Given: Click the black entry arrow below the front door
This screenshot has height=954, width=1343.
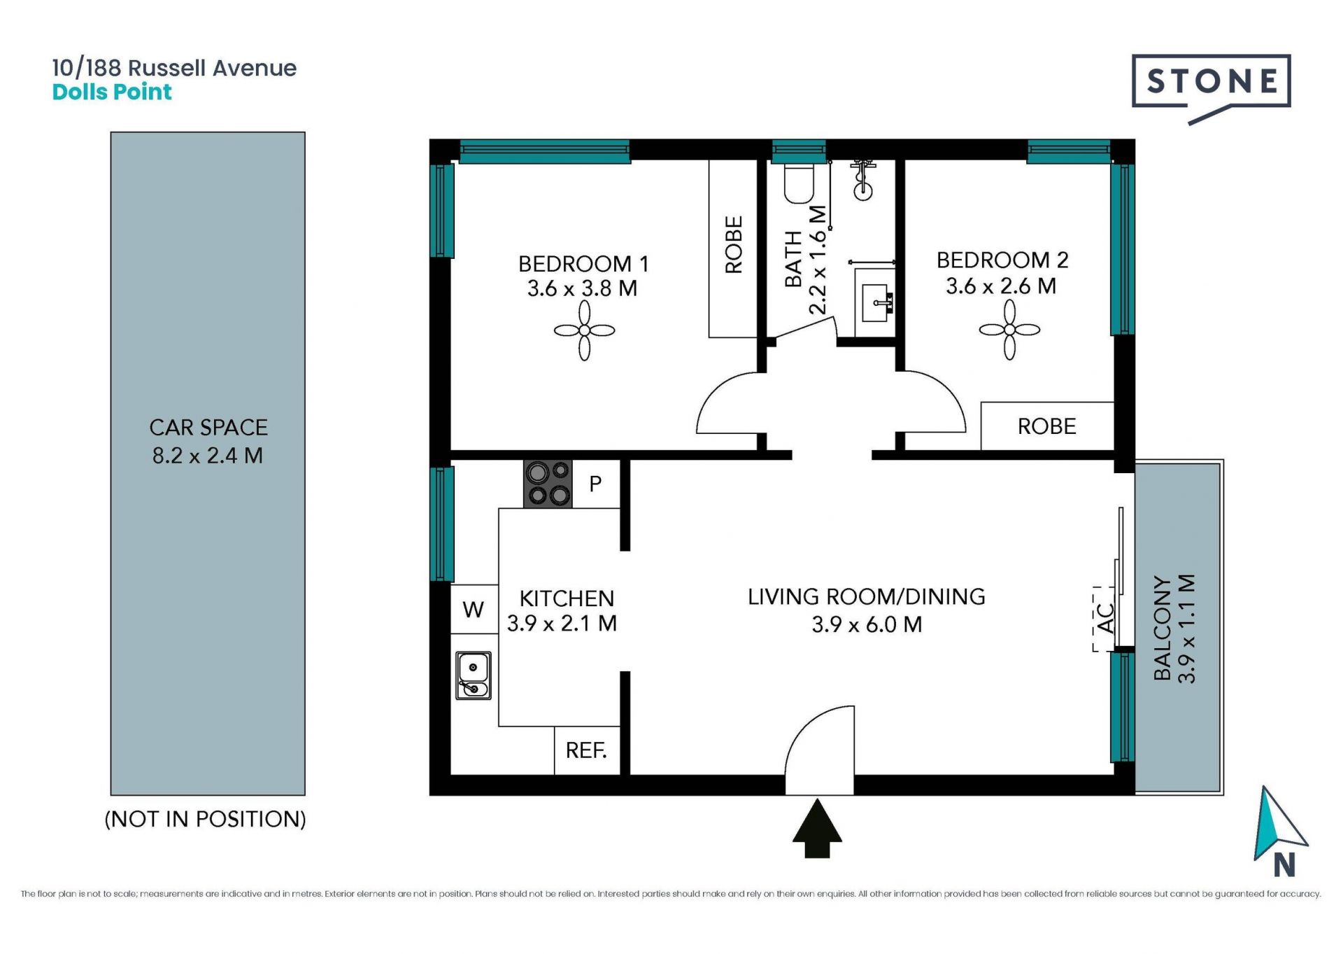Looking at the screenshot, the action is coord(817,829).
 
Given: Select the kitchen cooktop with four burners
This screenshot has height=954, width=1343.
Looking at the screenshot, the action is coord(548,484).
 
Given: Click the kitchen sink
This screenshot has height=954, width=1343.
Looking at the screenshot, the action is coord(474,675).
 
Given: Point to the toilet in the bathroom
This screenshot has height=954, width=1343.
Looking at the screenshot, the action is coord(799,183).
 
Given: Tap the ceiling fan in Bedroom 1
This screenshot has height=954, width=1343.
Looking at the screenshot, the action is coord(584,330).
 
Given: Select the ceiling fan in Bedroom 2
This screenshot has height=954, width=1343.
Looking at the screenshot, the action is coord(1009,330).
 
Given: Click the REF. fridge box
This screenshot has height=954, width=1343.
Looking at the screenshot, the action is coord(587,750).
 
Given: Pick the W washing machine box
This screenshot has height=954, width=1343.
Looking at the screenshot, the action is coord(474,609).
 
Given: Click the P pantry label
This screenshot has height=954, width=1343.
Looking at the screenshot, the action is coord(596,484).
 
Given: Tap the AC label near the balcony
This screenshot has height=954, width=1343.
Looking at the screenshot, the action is coord(1106,618).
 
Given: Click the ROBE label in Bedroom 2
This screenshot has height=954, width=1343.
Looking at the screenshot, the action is coord(1046,426).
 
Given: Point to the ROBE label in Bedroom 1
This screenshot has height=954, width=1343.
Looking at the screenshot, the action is coord(734,244).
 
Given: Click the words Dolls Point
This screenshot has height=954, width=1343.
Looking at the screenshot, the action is coord(112,92).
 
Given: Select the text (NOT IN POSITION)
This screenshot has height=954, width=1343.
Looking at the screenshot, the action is coord(205,819).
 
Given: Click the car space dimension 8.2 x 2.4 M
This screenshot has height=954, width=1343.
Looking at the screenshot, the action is coord(208,456).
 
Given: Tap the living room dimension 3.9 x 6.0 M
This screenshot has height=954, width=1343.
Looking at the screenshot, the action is coord(867,624).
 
